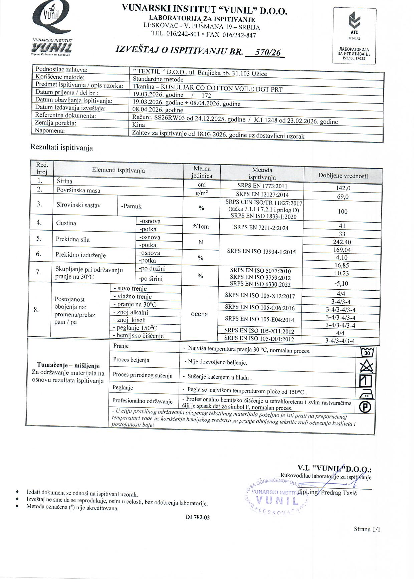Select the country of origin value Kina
pos(139,125)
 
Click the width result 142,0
pos(343,188)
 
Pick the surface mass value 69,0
pos(343,197)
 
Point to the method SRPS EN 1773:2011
pos(262,186)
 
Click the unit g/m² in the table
pos(202,193)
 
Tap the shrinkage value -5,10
pos(341,284)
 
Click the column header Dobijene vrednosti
pos(343,176)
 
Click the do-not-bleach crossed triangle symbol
pos(367,366)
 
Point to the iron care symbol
pos(366,395)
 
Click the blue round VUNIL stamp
pos(276,497)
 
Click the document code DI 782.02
pos(198,518)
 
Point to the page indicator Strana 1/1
pos(367,529)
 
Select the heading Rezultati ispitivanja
pos(62,148)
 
